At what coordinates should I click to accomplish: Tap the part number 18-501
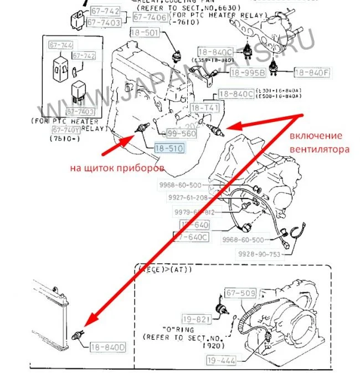[145, 33]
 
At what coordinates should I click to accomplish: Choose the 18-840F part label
[311, 73]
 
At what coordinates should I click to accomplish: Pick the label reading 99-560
[182, 134]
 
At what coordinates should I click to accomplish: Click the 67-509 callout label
[240, 293]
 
